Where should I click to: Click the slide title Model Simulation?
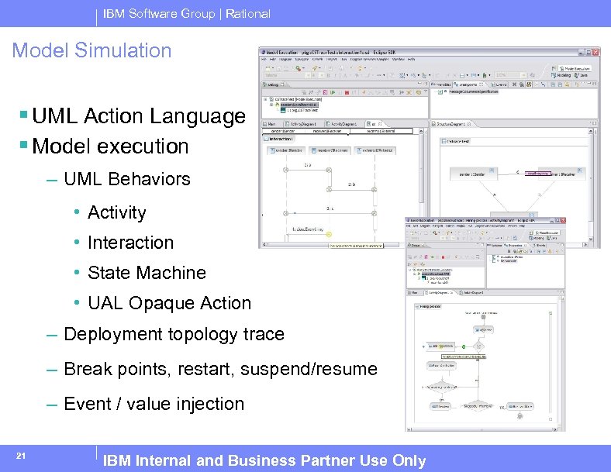tap(91, 51)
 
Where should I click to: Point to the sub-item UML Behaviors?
tap(126, 179)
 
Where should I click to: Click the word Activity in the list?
tap(116, 212)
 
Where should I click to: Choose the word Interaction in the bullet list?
tap(130, 243)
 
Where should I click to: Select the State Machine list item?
tap(147, 273)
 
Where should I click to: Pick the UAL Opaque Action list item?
tap(169, 303)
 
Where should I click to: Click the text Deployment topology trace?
tap(174, 334)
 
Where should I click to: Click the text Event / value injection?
tap(154, 404)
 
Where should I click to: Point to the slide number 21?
tap(22, 455)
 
